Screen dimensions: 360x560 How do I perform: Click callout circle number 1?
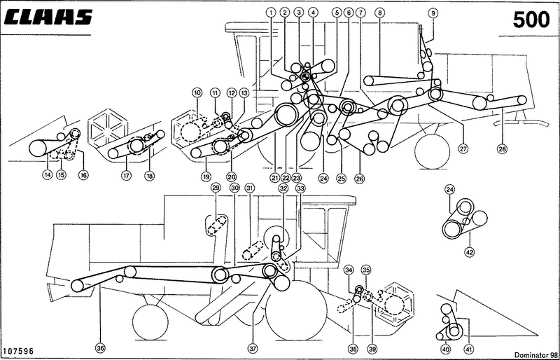(x=271, y=12)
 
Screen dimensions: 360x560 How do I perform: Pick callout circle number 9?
(x=433, y=13)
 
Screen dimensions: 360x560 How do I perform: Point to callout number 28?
(x=502, y=148)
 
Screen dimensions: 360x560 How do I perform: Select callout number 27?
(x=463, y=148)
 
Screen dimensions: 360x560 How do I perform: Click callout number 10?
(x=197, y=92)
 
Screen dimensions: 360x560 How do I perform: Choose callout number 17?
(x=126, y=176)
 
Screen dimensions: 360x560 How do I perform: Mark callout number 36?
(x=100, y=347)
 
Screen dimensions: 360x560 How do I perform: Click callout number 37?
(x=253, y=347)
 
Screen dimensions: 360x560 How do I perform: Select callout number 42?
(x=469, y=252)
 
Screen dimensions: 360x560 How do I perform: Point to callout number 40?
(x=446, y=348)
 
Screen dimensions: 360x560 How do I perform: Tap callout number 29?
(x=216, y=188)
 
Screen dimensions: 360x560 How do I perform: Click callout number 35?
(x=365, y=269)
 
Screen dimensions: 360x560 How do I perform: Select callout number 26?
(x=359, y=178)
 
